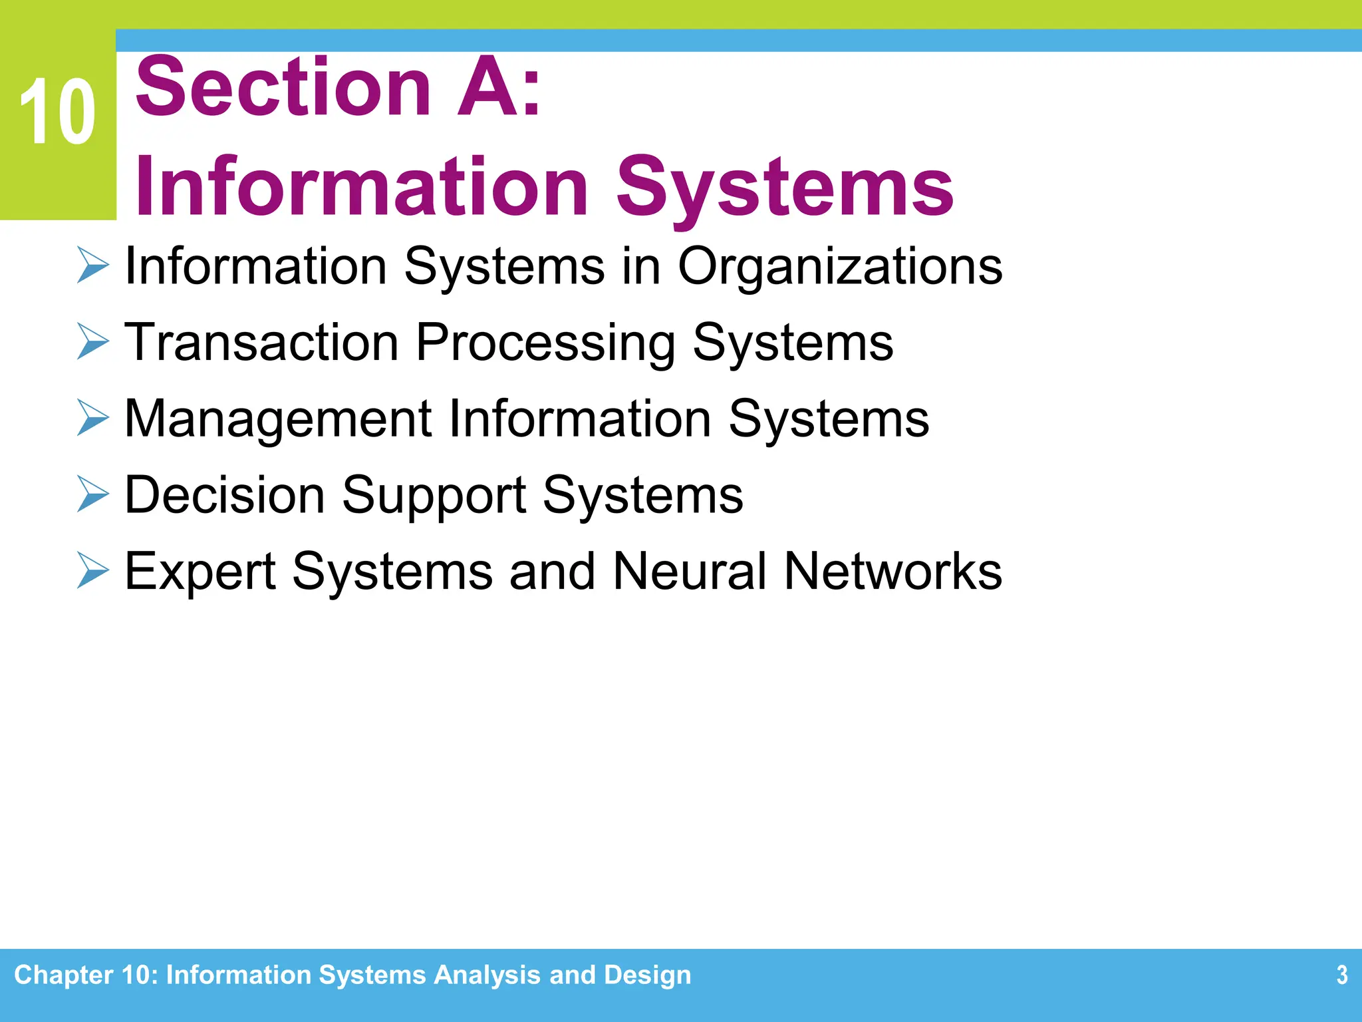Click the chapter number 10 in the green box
[x=57, y=112]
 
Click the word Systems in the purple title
[x=785, y=188]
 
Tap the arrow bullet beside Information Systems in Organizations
[x=92, y=265]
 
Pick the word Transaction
[x=261, y=342]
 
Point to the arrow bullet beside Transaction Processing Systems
[x=92, y=341]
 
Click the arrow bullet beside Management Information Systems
[x=92, y=418]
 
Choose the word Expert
[x=200, y=572]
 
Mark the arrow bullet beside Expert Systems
[x=92, y=570]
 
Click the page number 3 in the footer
[x=1341, y=975]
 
